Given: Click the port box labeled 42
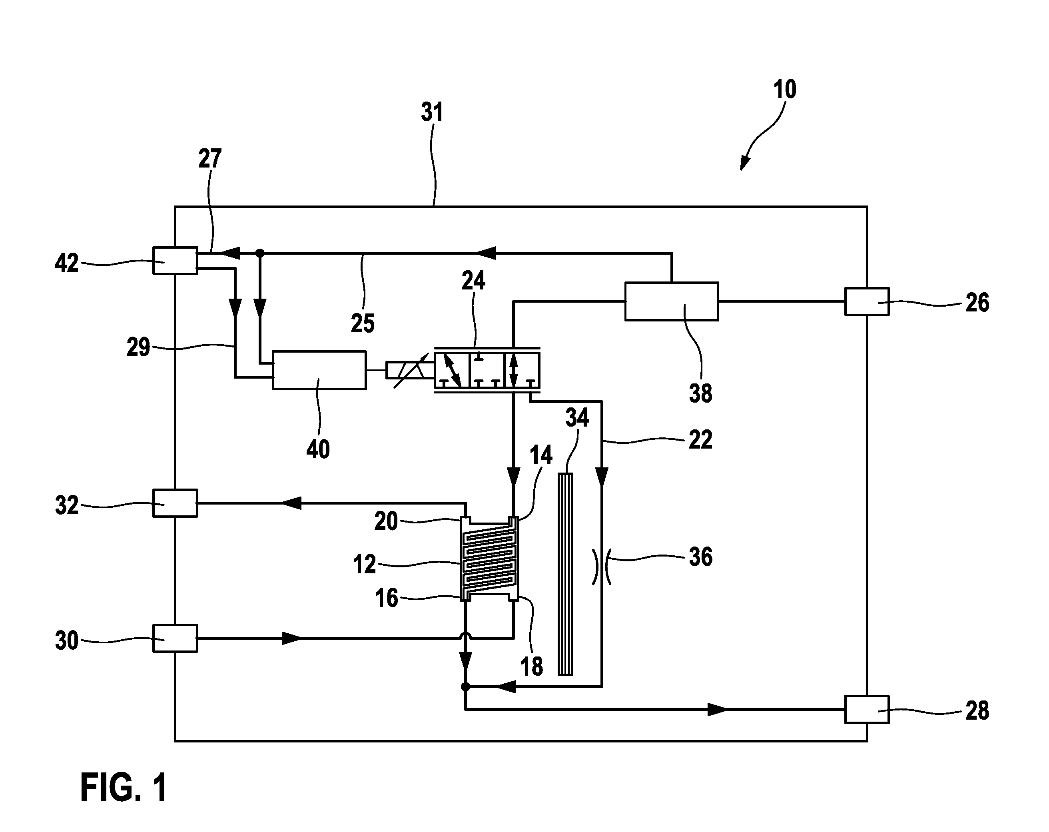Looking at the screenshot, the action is (175, 261).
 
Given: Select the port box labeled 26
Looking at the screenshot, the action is (867, 302).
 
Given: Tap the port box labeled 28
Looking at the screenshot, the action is (867, 709).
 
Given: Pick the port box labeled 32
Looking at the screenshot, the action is (175, 503).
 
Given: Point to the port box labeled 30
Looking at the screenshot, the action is (175, 638).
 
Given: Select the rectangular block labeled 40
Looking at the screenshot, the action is (319, 370).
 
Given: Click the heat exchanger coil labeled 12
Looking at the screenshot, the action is (489, 559).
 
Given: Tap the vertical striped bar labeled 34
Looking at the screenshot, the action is (565, 574).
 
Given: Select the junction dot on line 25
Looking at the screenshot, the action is (260, 253).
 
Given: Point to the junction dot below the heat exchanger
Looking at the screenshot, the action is (465, 686).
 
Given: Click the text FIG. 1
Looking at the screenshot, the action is (124, 787).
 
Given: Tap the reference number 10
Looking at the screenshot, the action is (785, 90).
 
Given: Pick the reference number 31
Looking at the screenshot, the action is (432, 112).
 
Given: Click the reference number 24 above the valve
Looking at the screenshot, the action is (473, 281).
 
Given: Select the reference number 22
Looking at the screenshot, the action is (701, 439).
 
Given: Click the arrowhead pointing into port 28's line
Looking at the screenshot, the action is (718, 709).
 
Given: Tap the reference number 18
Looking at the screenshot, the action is (531, 666).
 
